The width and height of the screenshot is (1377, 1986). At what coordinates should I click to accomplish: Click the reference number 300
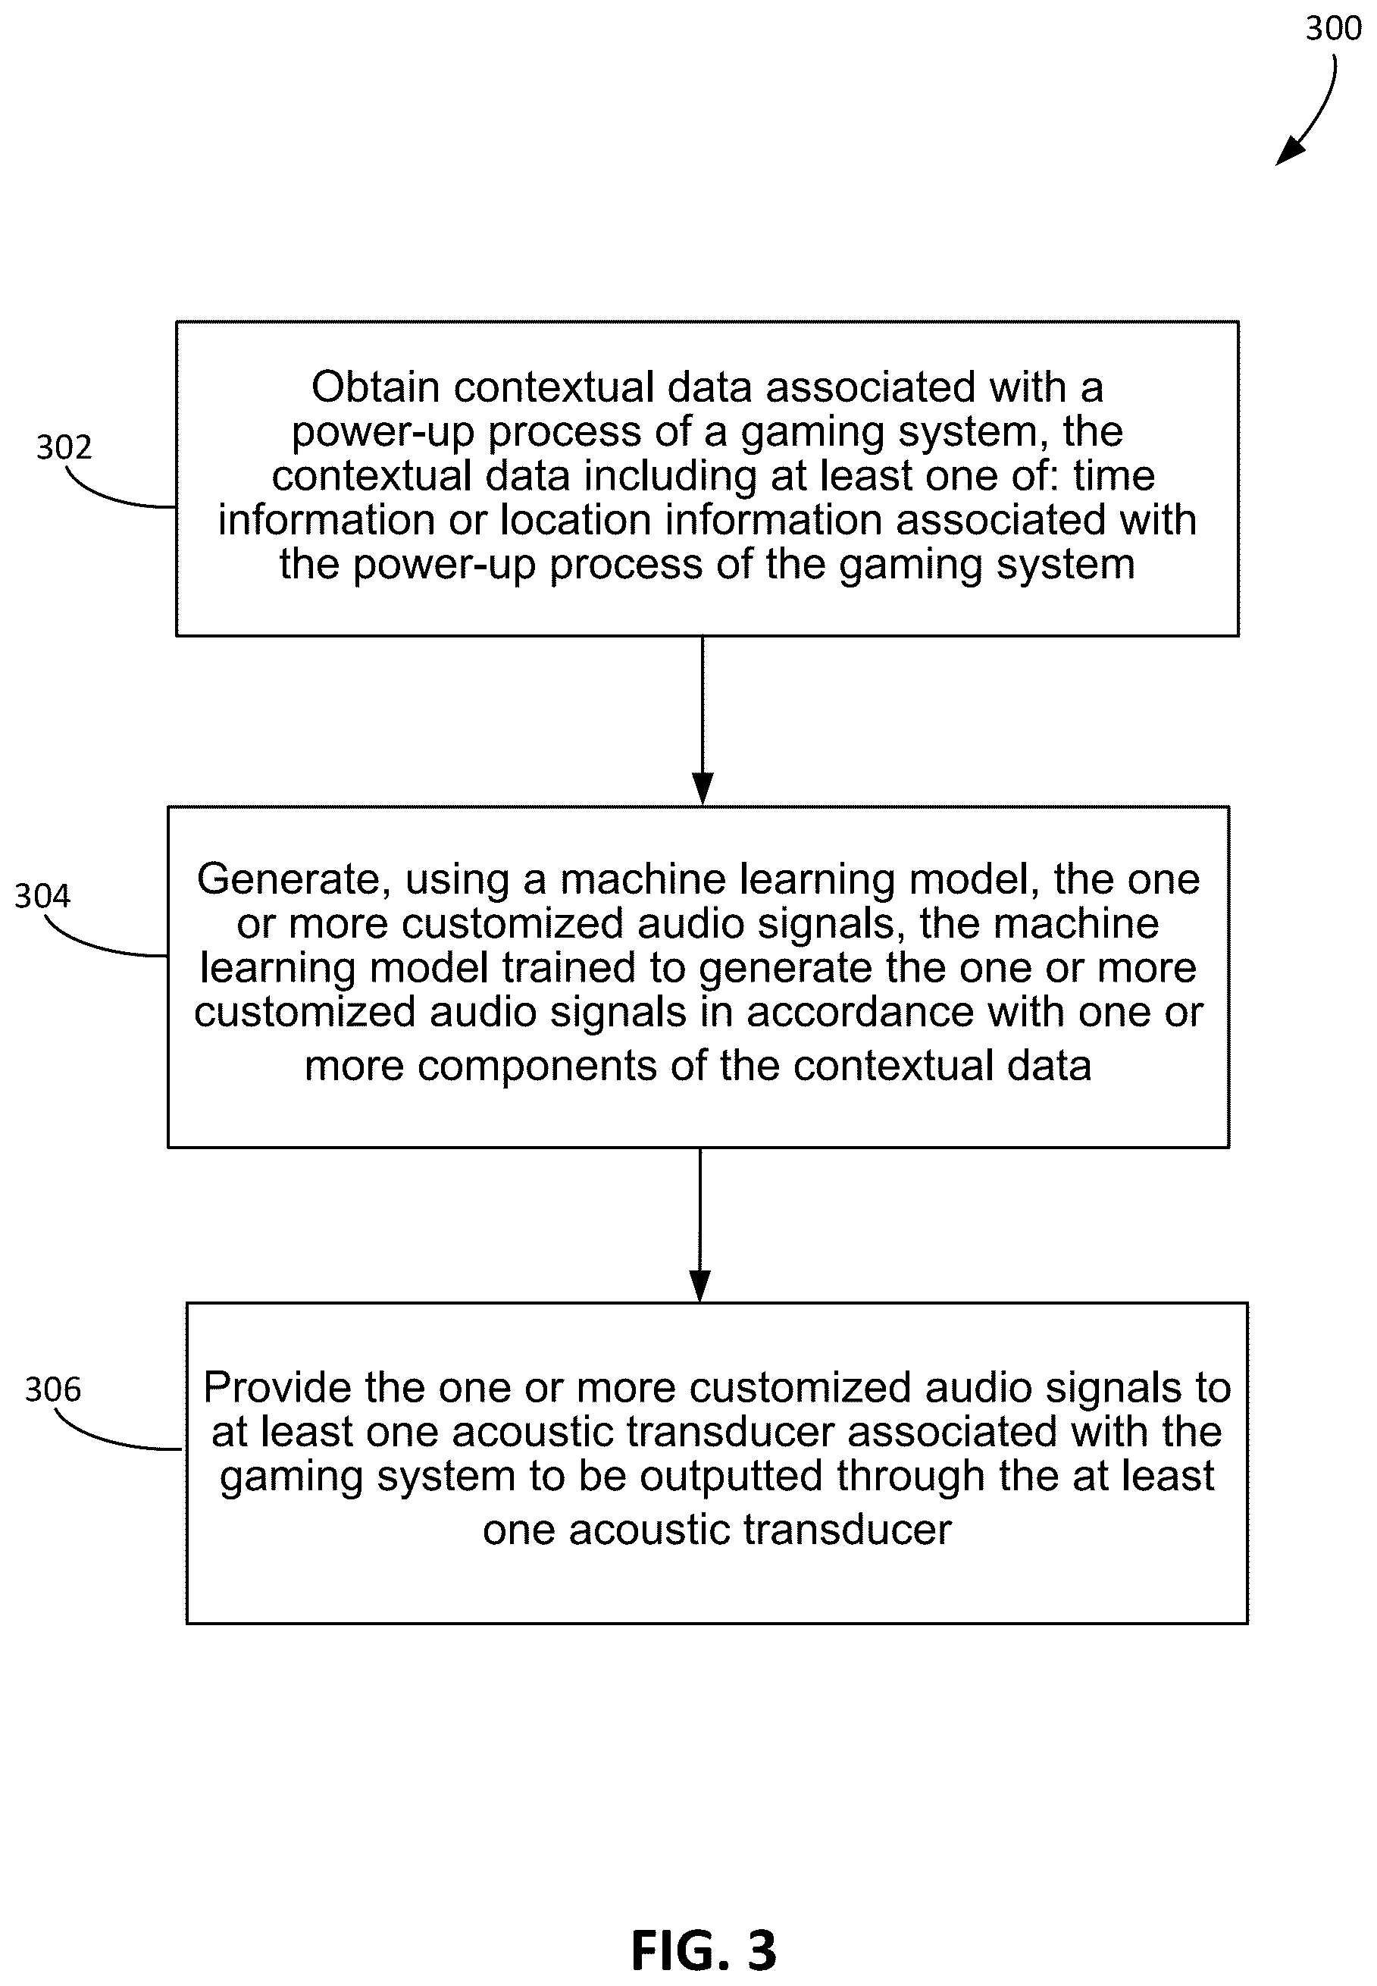(1333, 29)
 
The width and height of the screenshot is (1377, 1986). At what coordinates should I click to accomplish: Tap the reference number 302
(64, 447)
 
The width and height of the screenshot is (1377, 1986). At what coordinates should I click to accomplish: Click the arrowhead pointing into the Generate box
(703, 788)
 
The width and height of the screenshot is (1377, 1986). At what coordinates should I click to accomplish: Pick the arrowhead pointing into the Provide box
(700, 1286)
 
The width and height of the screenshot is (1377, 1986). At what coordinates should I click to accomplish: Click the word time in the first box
(1114, 475)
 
